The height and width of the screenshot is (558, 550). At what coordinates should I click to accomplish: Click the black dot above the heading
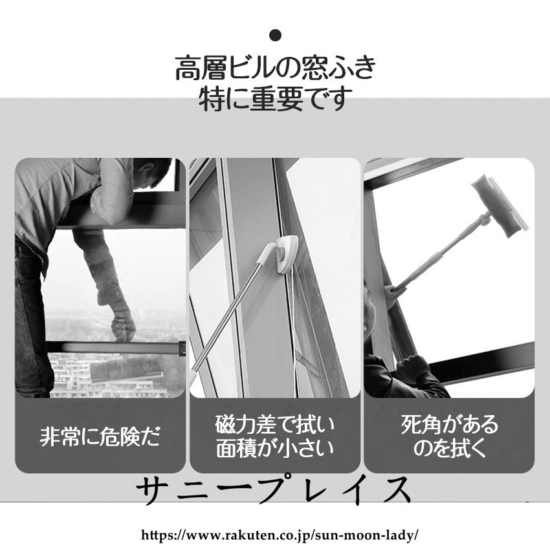coord(276,35)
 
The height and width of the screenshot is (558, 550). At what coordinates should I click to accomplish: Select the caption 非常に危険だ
coord(100,436)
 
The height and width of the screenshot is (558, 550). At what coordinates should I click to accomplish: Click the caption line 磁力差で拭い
coord(275,425)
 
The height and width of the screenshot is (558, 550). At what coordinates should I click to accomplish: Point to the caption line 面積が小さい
coord(275,447)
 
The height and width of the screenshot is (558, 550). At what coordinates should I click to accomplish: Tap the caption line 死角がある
coord(449,425)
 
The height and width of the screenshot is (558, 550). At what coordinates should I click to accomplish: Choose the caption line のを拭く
coord(449,447)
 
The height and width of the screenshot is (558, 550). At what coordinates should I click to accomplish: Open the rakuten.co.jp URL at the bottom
coord(280,535)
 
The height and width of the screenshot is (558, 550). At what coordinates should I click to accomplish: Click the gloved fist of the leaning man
coord(123,325)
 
